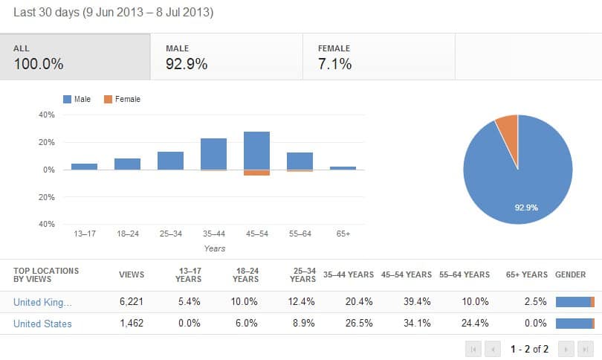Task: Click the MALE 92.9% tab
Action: click(x=226, y=57)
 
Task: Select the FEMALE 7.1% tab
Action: click(x=378, y=57)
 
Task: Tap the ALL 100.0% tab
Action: click(x=74, y=57)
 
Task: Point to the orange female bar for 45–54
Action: click(x=256, y=173)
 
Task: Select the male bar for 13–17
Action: click(x=84, y=167)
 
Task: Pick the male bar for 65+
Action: click(x=343, y=168)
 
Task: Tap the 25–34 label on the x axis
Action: click(x=170, y=234)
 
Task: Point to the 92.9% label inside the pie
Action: click(x=527, y=208)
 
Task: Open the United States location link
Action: click(x=42, y=324)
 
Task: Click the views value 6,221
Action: click(x=131, y=302)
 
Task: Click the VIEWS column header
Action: click(x=132, y=274)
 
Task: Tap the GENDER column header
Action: click(x=570, y=274)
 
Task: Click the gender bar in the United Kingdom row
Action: click(x=575, y=302)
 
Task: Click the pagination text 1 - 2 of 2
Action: click(x=529, y=348)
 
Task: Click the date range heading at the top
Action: click(x=113, y=13)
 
